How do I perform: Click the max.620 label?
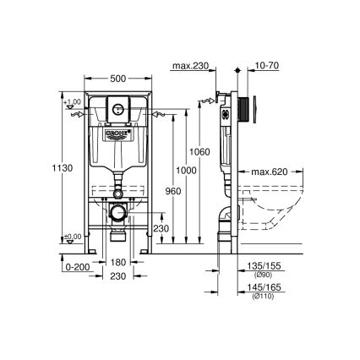pos(274,172)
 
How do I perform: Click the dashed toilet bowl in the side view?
pos(279,207)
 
